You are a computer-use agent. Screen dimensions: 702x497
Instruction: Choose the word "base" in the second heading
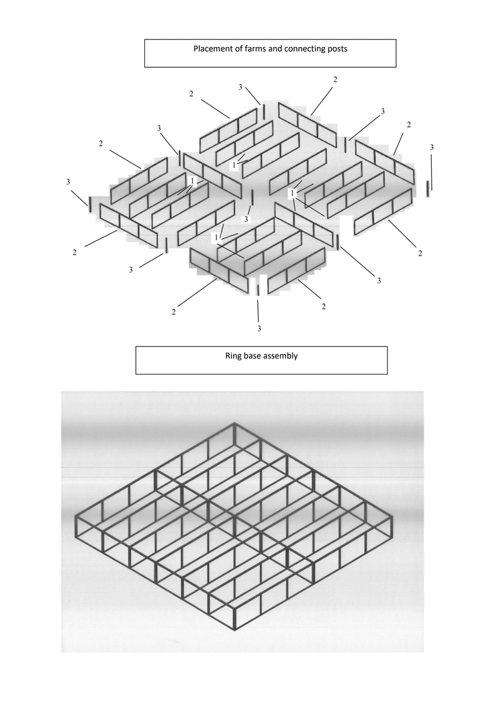tap(256, 356)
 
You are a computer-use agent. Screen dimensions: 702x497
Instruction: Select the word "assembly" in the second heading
tap(283, 356)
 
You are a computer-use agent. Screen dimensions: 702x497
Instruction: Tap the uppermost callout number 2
tap(335, 80)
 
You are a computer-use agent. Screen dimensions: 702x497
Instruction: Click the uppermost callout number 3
tap(240, 87)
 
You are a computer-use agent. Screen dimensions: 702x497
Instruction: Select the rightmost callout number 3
tap(432, 148)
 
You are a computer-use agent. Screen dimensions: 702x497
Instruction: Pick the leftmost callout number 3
tap(69, 182)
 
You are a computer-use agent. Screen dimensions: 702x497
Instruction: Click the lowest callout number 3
tap(259, 328)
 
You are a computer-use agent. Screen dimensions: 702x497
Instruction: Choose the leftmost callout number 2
tap(75, 252)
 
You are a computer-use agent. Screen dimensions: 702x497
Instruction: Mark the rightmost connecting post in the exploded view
tap(427, 189)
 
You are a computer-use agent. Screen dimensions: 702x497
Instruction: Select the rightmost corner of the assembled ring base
tap(392, 517)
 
